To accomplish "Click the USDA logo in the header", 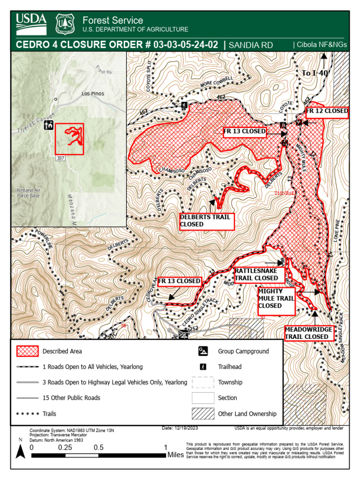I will (x=31, y=24).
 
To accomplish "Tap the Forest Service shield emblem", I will (x=65, y=24).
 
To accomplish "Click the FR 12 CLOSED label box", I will (x=327, y=111).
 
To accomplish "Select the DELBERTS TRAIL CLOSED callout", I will (x=206, y=221).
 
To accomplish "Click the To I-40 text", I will (x=315, y=73).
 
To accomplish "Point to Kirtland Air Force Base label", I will (x=28, y=193).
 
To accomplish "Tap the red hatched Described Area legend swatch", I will (x=28, y=351).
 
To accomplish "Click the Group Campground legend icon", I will (x=203, y=351).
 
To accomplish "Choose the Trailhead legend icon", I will (x=203, y=367).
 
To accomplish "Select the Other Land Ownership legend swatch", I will (x=203, y=413).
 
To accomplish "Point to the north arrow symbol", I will (x=20, y=451).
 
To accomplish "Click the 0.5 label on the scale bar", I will (x=98, y=447).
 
